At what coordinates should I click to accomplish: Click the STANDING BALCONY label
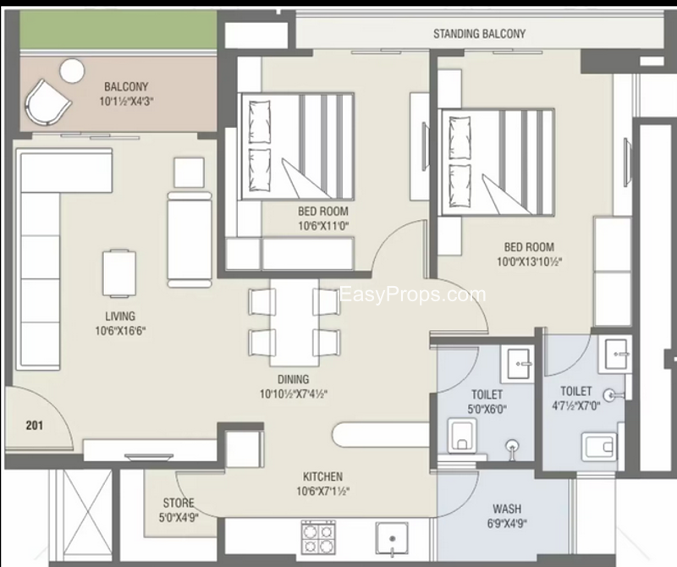click(x=479, y=34)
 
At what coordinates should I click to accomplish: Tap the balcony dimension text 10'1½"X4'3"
click(x=126, y=102)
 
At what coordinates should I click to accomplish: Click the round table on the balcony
click(x=72, y=70)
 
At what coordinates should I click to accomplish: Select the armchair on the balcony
click(x=47, y=102)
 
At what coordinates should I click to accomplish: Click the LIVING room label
click(x=120, y=317)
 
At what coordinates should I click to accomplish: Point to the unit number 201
click(x=34, y=426)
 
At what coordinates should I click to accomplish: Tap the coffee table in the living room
click(x=119, y=274)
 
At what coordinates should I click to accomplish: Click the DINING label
click(x=293, y=379)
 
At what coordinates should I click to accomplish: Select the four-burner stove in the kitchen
click(x=318, y=537)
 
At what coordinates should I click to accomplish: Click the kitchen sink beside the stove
click(x=392, y=538)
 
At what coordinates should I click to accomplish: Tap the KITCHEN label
click(x=322, y=476)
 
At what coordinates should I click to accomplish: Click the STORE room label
click(x=179, y=503)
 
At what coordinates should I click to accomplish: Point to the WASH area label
click(x=507, y=509)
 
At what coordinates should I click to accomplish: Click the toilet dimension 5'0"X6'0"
click(x=487, y=409)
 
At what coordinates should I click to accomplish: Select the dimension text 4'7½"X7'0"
click(x=576, y=406)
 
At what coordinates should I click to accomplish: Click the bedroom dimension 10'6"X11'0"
click(x=323, y=225)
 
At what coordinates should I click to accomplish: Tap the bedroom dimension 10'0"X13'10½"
click(x=530, y=261)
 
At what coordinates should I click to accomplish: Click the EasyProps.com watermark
click(x=413, y=295)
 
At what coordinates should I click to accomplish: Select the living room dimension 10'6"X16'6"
click(x=120, y=331)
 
